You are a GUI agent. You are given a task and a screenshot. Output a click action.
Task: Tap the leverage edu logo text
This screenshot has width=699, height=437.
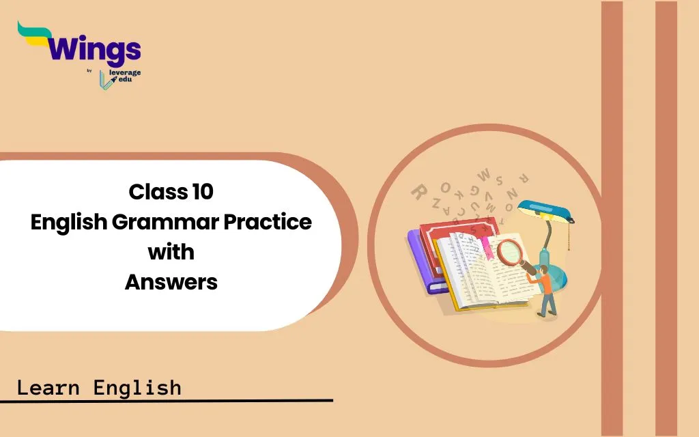[125, 76]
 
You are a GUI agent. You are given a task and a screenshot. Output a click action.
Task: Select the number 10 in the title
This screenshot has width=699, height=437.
[203, 192]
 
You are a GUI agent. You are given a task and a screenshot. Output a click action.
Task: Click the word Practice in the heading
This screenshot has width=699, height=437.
[268, 222]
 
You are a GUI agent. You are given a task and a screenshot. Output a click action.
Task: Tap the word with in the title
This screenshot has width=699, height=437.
[171, 252]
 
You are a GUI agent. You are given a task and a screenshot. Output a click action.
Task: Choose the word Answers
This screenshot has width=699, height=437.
[171, 282]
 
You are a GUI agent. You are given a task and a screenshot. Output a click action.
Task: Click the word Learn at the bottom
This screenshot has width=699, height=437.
[48, 388]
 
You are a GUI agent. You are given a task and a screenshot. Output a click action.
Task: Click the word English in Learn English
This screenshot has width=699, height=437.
[137, 388]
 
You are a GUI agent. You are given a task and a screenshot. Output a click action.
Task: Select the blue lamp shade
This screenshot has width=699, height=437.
[545, 211]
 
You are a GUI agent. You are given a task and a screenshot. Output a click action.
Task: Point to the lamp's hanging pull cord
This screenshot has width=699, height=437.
[569, 236]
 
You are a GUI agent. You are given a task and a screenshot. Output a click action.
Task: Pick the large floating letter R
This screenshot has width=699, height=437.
[418, 192]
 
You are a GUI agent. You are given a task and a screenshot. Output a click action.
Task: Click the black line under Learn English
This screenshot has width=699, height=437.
[167, 401]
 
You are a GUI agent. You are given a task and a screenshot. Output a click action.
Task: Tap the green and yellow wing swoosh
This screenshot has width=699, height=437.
[33, 33]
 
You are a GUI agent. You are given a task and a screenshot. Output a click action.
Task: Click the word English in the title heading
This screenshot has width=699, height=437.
[69, 222]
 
